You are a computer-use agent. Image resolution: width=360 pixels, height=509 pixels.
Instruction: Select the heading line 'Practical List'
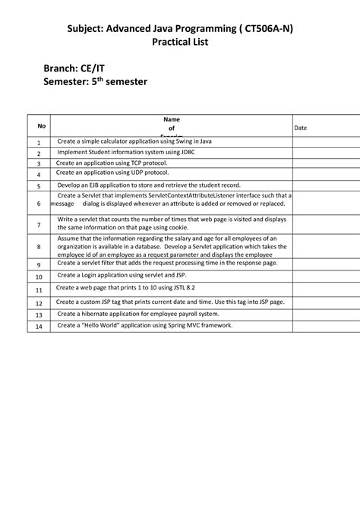tap(179, 43)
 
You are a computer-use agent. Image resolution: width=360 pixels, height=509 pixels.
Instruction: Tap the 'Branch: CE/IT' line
tap(74, 68)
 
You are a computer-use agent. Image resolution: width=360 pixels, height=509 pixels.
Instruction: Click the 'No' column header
tap(42, 126)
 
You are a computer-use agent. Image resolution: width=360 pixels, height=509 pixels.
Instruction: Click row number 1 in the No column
tap(38, 142)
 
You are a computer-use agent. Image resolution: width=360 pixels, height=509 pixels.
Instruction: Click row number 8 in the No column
tap(38, 247)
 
